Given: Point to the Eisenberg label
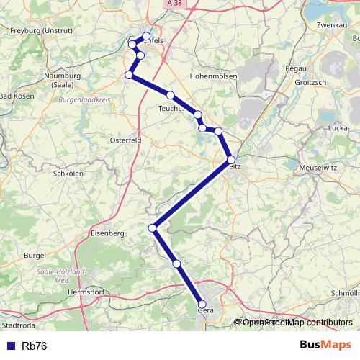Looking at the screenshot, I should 108,233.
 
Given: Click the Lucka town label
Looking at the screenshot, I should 318,127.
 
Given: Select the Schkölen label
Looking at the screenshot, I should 69,174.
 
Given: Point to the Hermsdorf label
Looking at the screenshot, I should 86,293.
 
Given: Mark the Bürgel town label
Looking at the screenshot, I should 35,255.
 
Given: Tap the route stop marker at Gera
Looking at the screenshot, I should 202,305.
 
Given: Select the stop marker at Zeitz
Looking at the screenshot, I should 231,160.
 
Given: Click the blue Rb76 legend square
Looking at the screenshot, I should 9,346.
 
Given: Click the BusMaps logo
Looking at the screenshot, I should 325,345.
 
